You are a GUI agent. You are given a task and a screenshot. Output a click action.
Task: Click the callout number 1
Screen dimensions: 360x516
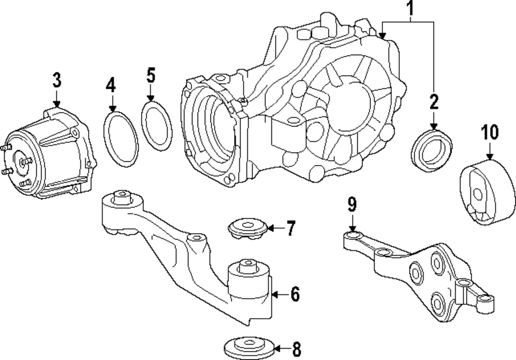point(411,9)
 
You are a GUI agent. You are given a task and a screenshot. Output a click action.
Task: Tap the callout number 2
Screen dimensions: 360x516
point(433,102)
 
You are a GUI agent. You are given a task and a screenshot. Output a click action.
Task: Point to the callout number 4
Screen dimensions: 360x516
point(111,85)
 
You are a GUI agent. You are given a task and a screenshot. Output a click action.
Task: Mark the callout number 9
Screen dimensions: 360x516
point(351,205)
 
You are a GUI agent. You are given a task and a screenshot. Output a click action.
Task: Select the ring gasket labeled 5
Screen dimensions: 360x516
point(157,126)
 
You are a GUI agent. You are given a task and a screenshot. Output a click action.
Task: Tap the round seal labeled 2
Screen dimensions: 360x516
point(432,149)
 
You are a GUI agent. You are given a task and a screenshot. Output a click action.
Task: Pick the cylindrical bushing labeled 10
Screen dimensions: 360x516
point(487,193)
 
